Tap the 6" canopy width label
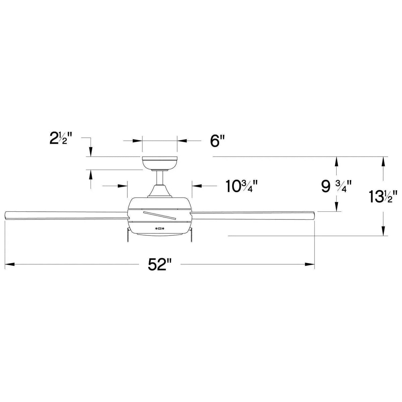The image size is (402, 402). click(217, 141)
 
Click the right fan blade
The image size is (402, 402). click(253, 214)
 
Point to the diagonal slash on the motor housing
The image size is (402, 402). click(159, 215)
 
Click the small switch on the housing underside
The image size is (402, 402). click(160, 229)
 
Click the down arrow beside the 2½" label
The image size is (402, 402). click(90, 152)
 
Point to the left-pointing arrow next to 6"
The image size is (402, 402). click(182, 141)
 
